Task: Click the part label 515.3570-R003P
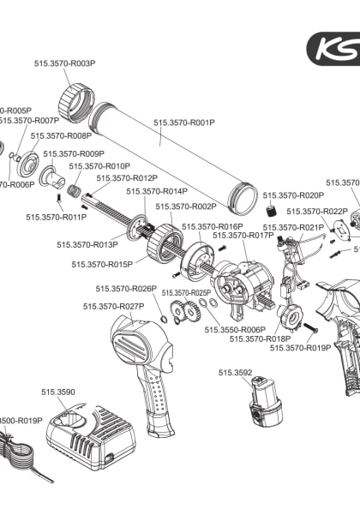(x=64, y=63)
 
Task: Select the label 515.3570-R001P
(x=184, y=123)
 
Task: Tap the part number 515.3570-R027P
(x=113, y=306)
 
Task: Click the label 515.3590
(x=58, y=392)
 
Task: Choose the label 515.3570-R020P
(x=293, y=195)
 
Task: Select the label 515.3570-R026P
(x=126, y=289)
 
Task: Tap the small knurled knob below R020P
(x=270, y=211)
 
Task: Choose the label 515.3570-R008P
(x=61, y=135)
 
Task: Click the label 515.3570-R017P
(x=243, y=235)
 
